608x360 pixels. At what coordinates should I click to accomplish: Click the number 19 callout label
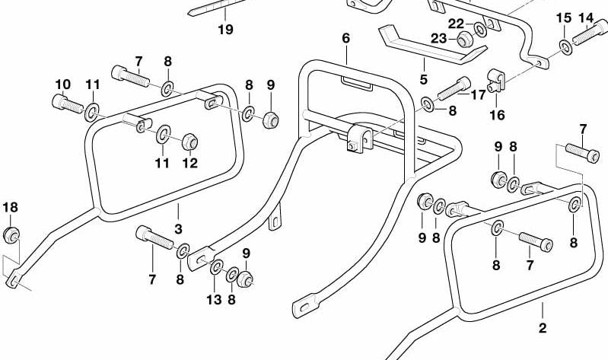[225, 30]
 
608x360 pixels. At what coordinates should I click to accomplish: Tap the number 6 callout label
[345, 37]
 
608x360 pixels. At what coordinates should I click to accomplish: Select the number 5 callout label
[424, 79]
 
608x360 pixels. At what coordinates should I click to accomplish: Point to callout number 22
[456, 24]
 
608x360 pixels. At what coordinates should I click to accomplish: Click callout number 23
[439, 39]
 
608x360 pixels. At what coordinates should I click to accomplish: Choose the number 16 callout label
[497, 116]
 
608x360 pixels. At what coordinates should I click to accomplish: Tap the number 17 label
[478, 95]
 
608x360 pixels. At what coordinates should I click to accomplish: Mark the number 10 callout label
[62, 84]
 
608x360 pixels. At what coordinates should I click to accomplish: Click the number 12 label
[189, 162]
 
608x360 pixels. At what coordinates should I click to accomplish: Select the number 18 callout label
[9, 207]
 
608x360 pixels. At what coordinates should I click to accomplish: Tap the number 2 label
[542, 329]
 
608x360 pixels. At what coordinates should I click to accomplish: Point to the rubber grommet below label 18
[11, 234]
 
